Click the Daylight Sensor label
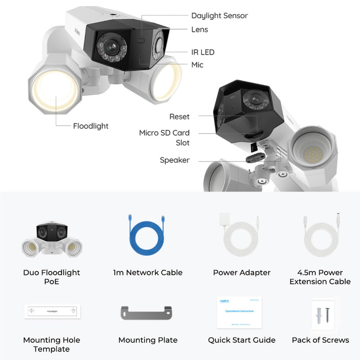[219, 16]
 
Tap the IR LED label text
[202, 52]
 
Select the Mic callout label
[197, 65]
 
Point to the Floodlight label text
[90, 126]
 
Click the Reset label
[179, 117]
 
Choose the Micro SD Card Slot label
[164, 138]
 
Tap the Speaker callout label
[175, 160]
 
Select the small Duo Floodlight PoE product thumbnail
[51, 239]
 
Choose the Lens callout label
[199, 30]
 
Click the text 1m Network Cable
[148, 272]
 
